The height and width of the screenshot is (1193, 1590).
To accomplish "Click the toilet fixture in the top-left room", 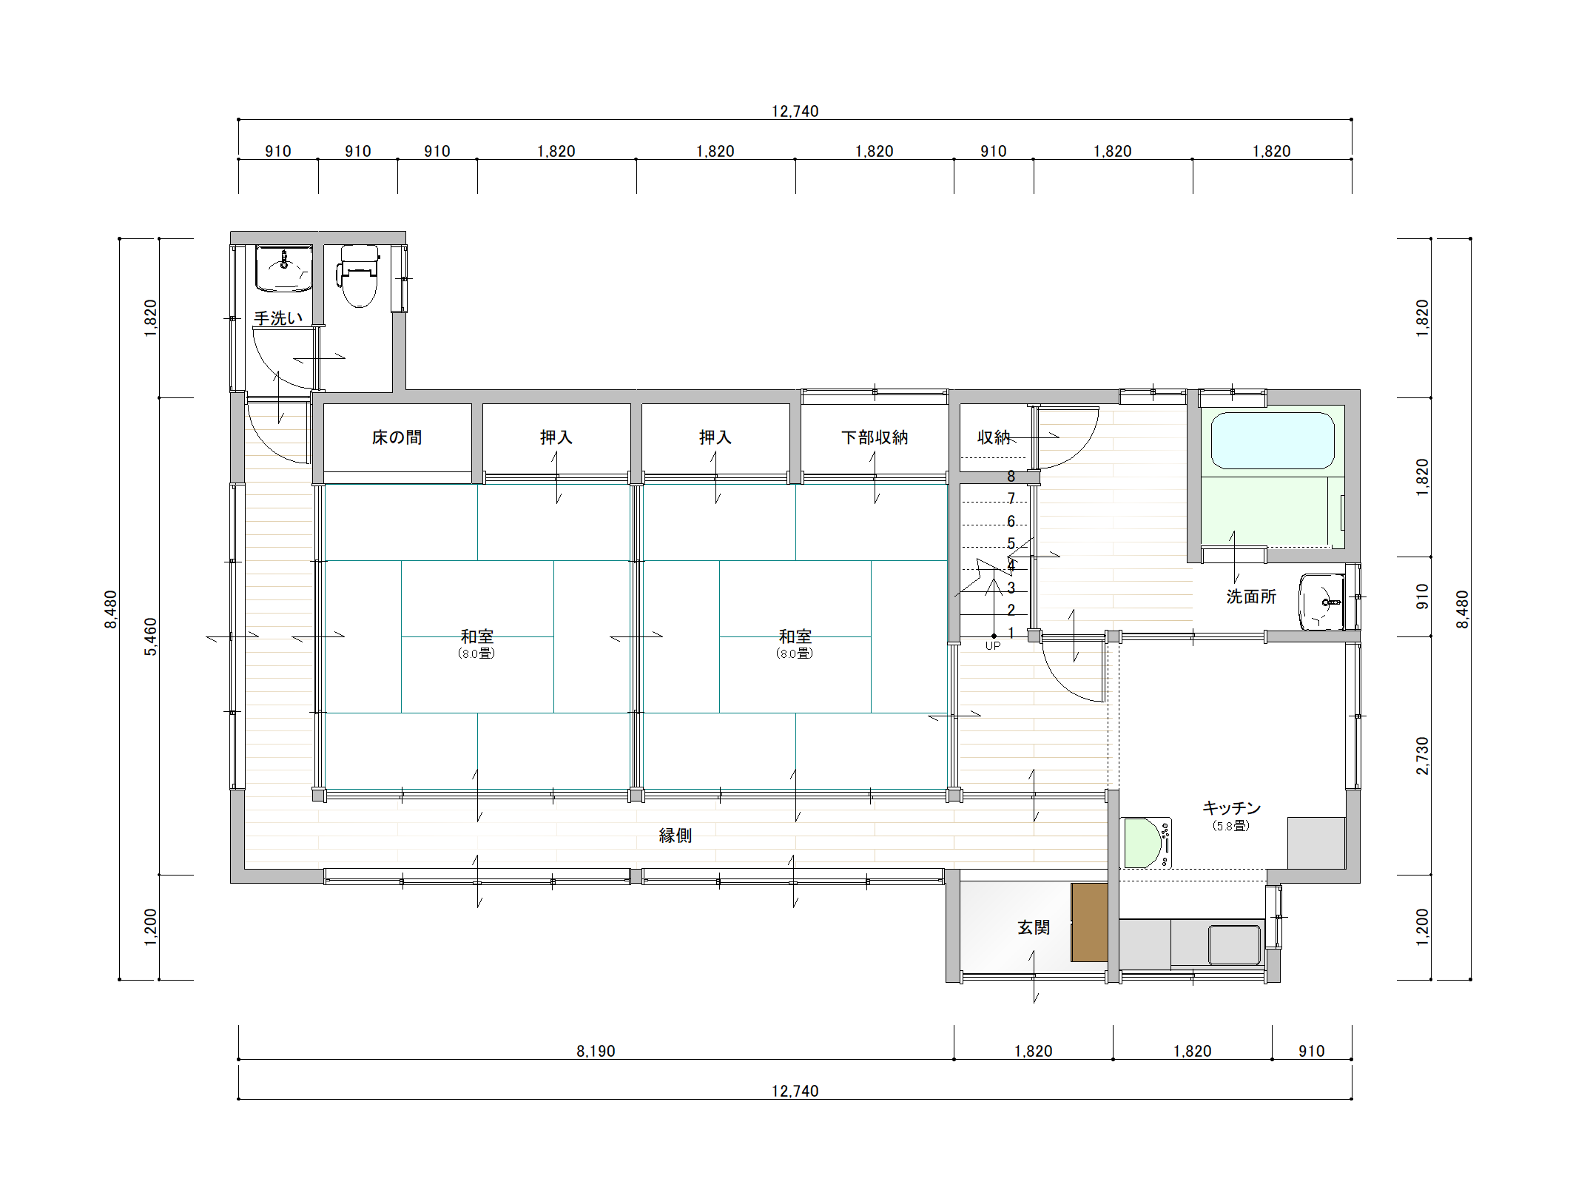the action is pyautogui.click(x=359, y=275).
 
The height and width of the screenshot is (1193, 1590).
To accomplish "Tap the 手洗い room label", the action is pyautogui.click(x=278, y=318).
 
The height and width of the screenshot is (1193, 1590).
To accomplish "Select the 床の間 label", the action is pyautogui.click(x=397, y=437).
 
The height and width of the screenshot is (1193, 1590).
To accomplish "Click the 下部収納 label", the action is pyautogui.click(x=875, y=437).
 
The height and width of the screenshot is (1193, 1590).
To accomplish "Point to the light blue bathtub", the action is pyautogui.click(x=1273, y=440).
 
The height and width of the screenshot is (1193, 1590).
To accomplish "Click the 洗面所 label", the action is pyautogui.click(x=1251, y=596).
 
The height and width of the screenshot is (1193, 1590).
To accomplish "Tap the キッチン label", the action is pyautogui.click(x=1231, y=807).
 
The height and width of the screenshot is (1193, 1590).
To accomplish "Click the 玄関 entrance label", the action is pyautogui.click(x=1034, y=927).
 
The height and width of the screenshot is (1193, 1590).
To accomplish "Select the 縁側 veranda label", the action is pyautogui.click(x=676, y=836).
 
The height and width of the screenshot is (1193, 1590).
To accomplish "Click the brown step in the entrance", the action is pyautogui.click(x=1089, y=922).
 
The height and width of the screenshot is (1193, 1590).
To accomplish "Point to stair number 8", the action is pyautogui.click(x=1011, y=477).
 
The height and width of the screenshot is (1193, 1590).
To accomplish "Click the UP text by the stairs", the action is pyautogui.click(x=993, y=646).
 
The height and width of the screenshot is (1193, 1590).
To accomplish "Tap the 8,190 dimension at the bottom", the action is pyautogui.click(x=596, y=1051).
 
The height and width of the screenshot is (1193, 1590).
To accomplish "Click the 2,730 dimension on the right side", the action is pyautogui.click(x=1423, y=756).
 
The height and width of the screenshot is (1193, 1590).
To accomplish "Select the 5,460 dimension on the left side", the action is pyautogui.click(x=150, y=636).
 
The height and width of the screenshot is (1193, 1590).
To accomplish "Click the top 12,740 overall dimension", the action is pyautogui.click(x=795, y=112).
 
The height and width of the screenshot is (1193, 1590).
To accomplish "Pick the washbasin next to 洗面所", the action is pyautogui.click(x=1322, y=602).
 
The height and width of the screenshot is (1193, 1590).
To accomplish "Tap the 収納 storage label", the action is pyautogui.click(x=994, y=437).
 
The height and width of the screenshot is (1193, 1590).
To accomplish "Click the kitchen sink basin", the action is pyautogui.click(x=1235, y=945).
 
